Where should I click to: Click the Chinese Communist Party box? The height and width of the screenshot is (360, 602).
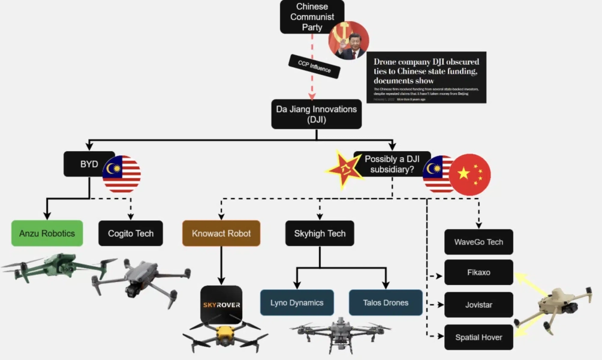pyautogui.click(x=312, y=17)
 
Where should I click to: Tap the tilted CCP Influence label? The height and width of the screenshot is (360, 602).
pyautogui.click(x=315, y=67)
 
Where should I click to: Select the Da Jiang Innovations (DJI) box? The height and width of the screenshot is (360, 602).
pyautogui.click(x=316, y=114)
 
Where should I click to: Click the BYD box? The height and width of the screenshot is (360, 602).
pyautogui.click(x=89, y=164)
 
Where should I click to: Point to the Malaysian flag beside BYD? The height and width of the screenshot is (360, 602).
pyautogui.click(x=122, y=174)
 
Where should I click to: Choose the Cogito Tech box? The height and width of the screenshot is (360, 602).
pyautogui.click(x=131, y=233)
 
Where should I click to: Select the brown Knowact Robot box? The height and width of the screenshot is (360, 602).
pyautogui.click(x=221, y=233)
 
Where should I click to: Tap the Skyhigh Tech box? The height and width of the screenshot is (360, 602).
pyautogui.click(x=320, y=233)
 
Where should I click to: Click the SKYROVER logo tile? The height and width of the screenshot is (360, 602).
pyautogui.click(x=221, y=304)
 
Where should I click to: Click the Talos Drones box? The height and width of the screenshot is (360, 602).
pyautogui.click(x=386, y=302)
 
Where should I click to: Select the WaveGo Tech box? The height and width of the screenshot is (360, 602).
pyautogui.click(x=478, y=242)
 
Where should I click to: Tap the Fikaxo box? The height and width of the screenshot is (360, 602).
pyautogui.click(x=478, y=272)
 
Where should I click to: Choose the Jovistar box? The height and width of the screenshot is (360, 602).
pyautogui.click(x=478, y=305)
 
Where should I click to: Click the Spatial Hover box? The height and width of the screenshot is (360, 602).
pyautogui.click(x=478, y=337)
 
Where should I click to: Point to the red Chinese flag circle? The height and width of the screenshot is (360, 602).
pyautogui.click(x=470, y=175)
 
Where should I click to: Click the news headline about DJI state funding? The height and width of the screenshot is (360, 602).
pyautogui.click(x=426, y=71)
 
